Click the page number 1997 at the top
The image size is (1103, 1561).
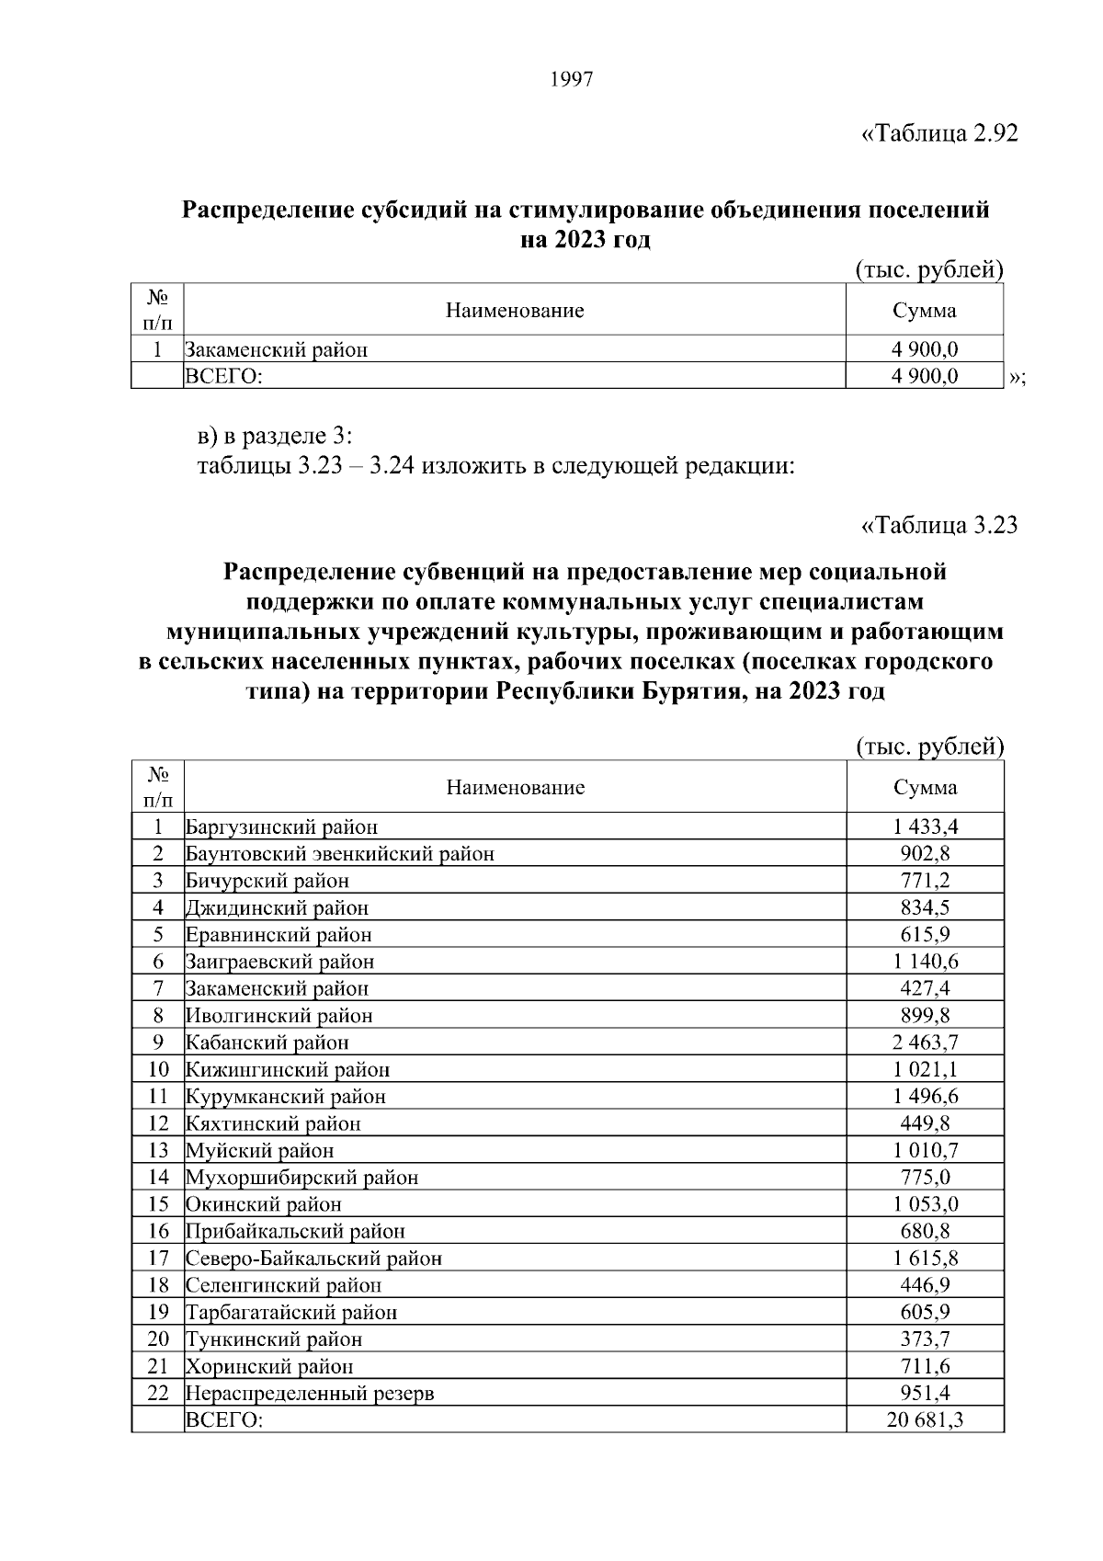pyautogui.click(x=572, y=80)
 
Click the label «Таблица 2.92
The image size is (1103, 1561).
pyautogui.click(x=939, y=134)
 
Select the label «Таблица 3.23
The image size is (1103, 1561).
pyautogui.click(x=939, y=526)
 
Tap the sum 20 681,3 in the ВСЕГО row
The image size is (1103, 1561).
pyautogui.click(x=925, y=1445)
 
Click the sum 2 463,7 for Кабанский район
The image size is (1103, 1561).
pyautogui.click(x=925, y=1043)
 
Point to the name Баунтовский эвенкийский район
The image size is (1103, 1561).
pyautogui.click(x=340, y=854)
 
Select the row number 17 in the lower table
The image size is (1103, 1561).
pyautogui.click(x=158, y=1258)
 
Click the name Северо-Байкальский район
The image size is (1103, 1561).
pyautogui.click(x=313, y=1259)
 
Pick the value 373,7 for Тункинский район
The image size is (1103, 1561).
pyautogui.click(x=925, y=1339)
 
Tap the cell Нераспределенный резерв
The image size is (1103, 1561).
pyautogui.click(x=310, y=1393)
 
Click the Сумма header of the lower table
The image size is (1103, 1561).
pyautogui.click(x=925, y=787)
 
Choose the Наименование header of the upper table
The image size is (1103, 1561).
pyautogui.click(x=515, y=311)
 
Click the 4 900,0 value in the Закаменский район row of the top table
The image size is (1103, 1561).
pyautogui.click(x=925, y=349)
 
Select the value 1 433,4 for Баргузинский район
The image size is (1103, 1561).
pyautogui.click(x=925, y=826)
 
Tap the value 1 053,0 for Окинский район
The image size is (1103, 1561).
pyautogui.click(x=925, y=1204)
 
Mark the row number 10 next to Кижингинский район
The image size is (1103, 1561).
pyautogui.click(x=158, y=1069)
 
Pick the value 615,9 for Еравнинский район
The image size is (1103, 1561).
pyautogui.click(x=925, y=935)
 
